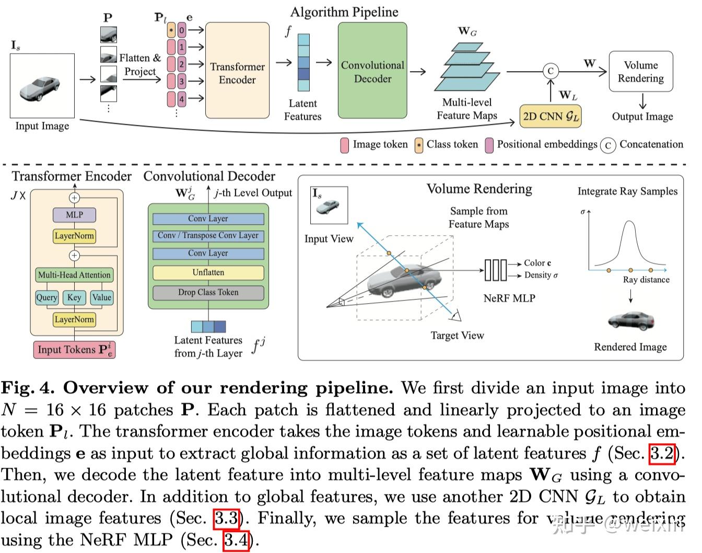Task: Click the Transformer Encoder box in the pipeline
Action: (x=237, y=71)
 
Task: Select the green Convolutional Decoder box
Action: (x=372, y=71)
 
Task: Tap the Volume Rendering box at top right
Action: (x=640, y=72)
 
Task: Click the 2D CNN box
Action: (x=551, y=116)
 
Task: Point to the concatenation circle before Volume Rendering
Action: (x=551, y=71)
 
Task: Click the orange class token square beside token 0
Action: (x=171, y=30)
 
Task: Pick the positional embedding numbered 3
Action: (x=182, y=81)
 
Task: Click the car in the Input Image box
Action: (x=40, y=87)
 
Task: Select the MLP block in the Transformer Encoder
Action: (x=75, y=215)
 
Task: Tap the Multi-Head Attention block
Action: (x=75, y=275)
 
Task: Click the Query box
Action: (x=46, y=297)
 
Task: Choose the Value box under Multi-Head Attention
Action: (x=102, y=297)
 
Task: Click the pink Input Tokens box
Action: (x=75, y=350)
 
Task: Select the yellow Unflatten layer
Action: (x=208, y=273)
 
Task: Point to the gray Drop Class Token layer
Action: (x=208, y=293)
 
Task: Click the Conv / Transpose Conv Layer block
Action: (x=208, y=236)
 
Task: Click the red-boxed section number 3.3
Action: (x=226, y=518)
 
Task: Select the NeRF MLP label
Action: (x=509, y=298)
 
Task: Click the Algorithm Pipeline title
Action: (x=344, y=11)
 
